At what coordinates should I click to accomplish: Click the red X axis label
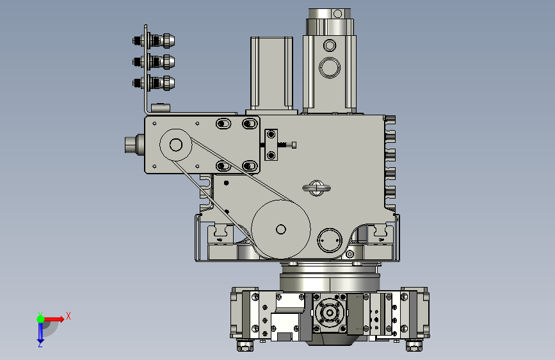(x=68, y=316)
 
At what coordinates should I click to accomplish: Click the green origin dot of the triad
(x=41, y=319)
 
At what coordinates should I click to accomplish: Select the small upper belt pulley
(x=175, y=145)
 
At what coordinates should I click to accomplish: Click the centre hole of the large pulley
(x=280, y=229)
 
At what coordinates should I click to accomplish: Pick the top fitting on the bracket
(x=154, y=41)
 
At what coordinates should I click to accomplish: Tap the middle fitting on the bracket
(x=154, y=62)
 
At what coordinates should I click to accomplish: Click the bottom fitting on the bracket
(x=154, y=83)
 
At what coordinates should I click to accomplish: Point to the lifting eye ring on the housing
(x=316, y=188)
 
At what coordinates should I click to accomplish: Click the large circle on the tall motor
(x=330, y=67)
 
